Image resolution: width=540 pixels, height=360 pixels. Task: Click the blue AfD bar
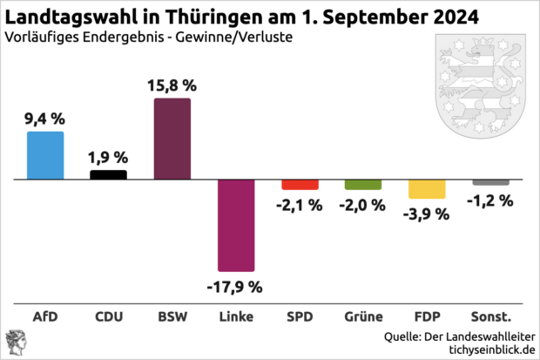45,155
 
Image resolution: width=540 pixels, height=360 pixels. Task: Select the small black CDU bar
109,174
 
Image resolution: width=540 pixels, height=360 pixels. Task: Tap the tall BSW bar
172,139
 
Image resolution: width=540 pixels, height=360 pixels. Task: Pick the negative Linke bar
235,225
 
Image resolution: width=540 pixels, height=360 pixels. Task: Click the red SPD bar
300,184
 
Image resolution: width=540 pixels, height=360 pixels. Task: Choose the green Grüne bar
363,184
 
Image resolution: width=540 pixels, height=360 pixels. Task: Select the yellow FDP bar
427,189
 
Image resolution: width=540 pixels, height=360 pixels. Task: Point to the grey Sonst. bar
490,181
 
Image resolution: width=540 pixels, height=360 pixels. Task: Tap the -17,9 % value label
235,285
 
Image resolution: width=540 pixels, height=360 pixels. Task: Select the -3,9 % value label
427,214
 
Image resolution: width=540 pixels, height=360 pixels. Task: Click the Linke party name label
235,316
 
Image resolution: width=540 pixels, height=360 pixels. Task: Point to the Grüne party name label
363,316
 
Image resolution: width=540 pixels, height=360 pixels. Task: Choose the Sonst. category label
490,316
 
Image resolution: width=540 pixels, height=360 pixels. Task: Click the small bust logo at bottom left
15,343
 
